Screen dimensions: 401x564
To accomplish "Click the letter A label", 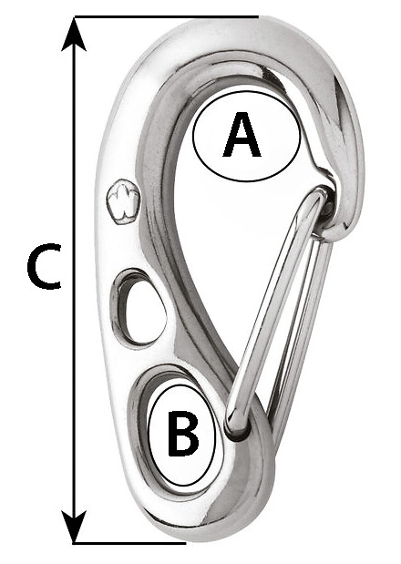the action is click(242, 135).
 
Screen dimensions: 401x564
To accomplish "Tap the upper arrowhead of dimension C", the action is click(74, 34).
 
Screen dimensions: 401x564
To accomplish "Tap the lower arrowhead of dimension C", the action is click(74, 527).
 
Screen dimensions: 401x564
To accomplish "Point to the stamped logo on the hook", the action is click(123, 201).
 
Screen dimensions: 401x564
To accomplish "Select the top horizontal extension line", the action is click(166, 16).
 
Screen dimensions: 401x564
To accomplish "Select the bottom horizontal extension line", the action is click(129, 543).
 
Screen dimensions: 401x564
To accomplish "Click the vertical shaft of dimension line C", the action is click(74, 280).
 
